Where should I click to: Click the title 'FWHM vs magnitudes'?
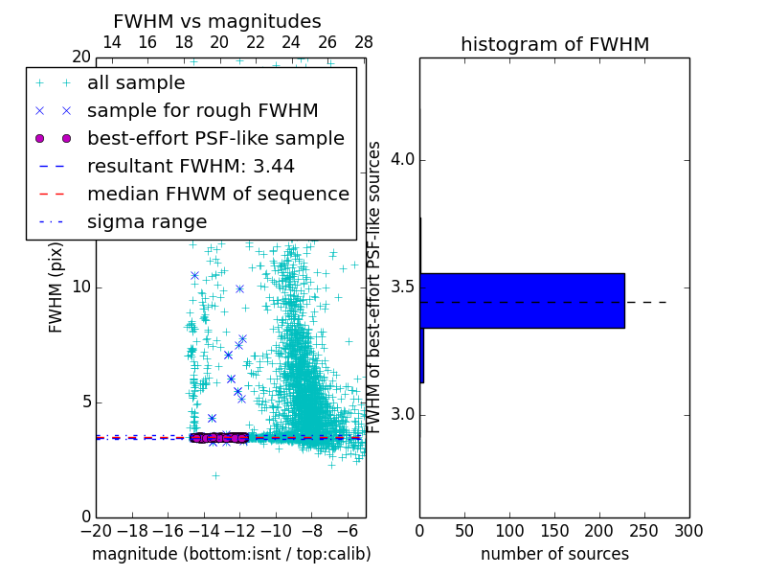click(x=217, y=21)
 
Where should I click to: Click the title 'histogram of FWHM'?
click(x=554, y=44)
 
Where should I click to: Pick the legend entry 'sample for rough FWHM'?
click(x=202, y=111)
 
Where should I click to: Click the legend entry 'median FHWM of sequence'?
click(x=217, y=195)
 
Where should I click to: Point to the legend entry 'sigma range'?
click(x=146, y=222)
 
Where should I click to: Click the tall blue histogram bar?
click(x=522, y=301)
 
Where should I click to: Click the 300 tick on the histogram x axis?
click(x=688, y=530)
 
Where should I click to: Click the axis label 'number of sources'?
click(x=554, y=554)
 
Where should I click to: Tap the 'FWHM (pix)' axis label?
click(x=56, y=287)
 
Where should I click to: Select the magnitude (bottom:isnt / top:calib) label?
click(x=231, y=554)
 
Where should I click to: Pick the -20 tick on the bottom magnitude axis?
click(x=96, y=530)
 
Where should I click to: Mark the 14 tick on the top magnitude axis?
click(x=111, y=42)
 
